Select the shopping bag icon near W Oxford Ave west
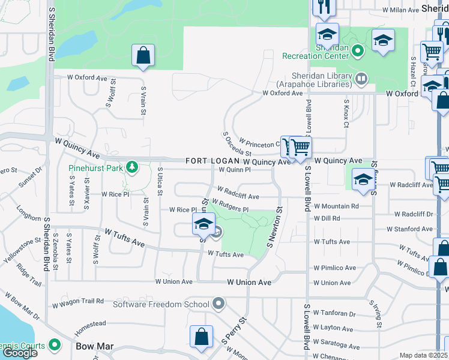pyautogui.click(x=143, y=55)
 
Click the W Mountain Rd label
pyautogui.click(x=336, y=206)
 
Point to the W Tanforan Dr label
pyautogui.click(x=334, y=313)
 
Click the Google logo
pyautogui.click(x=20, y=353)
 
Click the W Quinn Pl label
pyautogui.click(x=234, y=170)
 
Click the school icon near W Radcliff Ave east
pyautogui.click(x=363, y=179)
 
